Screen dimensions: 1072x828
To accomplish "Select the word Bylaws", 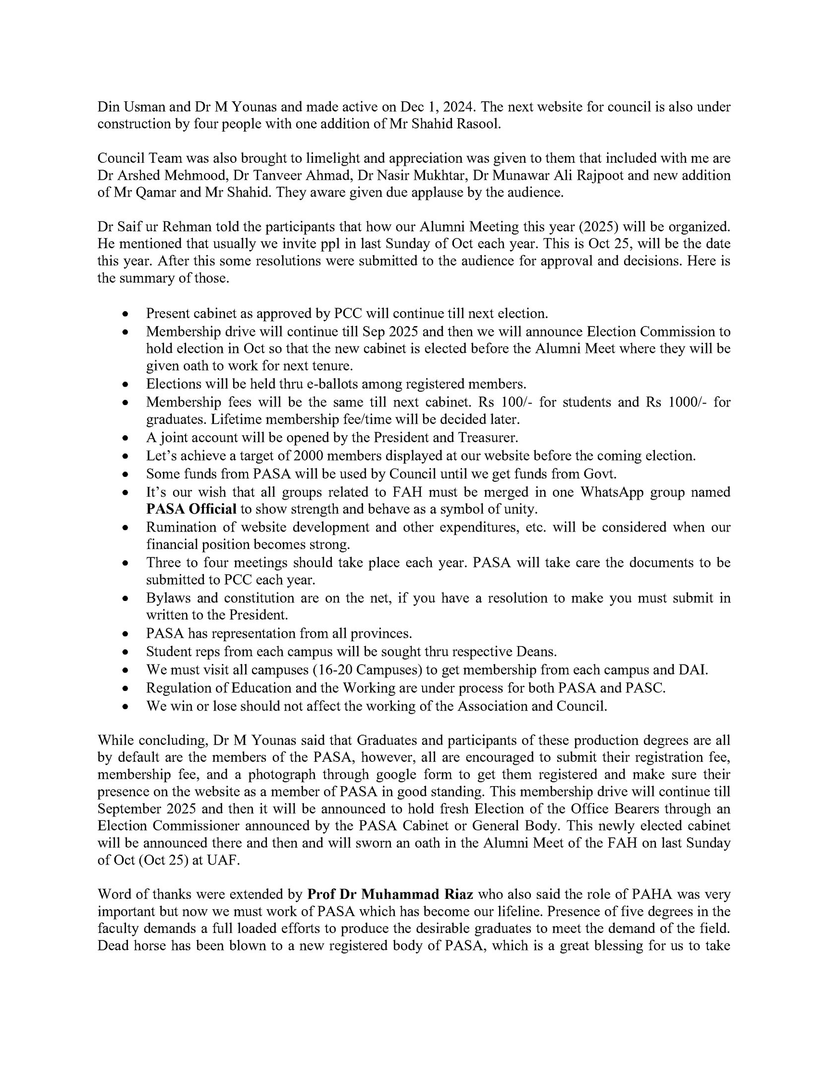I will [x=167, y=598].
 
